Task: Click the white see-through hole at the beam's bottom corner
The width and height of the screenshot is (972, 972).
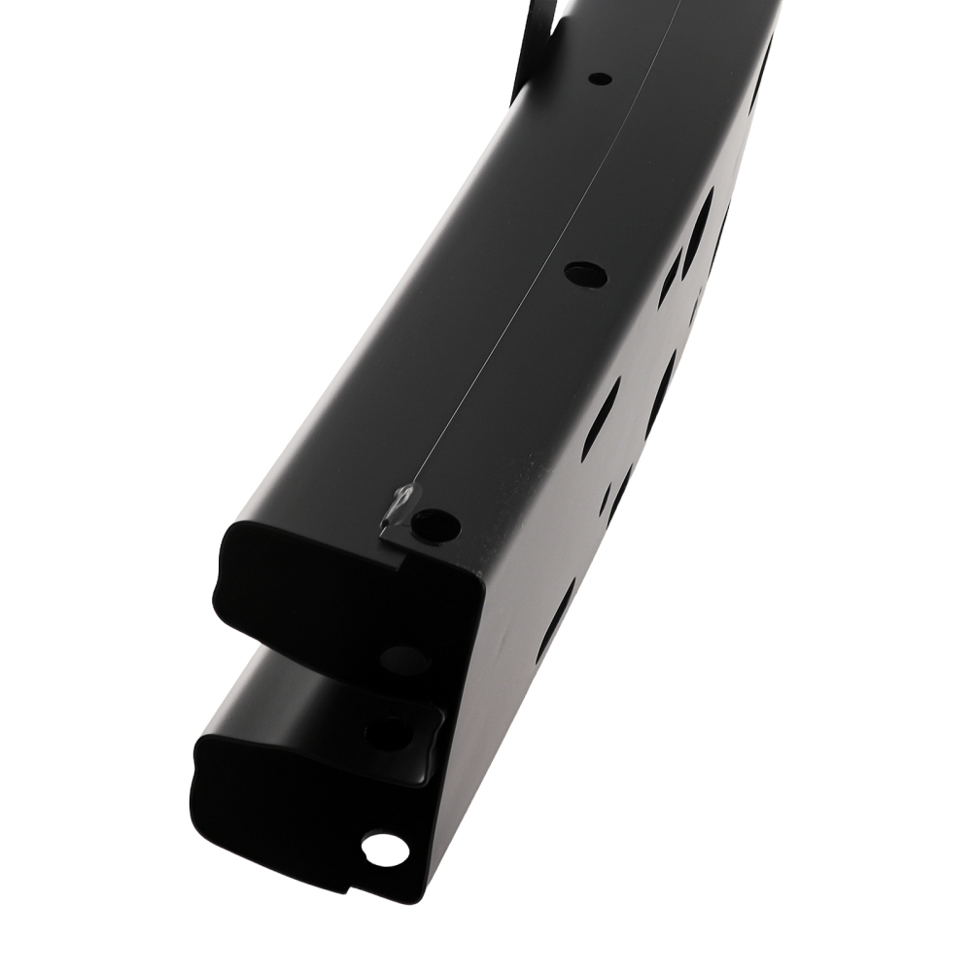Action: pos(385,848)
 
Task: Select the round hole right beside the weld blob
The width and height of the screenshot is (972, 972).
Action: pos(434,526)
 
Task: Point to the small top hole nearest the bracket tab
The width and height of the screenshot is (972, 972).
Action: pos(600,78)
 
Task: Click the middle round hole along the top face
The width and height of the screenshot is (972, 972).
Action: pos(585,275)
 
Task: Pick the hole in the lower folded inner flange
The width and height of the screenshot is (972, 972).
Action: pos(391,732)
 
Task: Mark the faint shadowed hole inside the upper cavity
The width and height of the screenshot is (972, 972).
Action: pos(403,659)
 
